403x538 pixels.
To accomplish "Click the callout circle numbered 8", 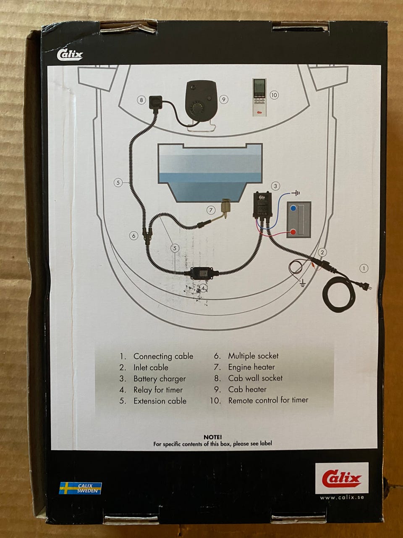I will (141, 100).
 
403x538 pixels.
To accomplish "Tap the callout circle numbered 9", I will (224, 100).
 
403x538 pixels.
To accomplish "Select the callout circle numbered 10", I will (274, 95).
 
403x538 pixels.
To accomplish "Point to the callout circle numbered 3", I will (275, 186).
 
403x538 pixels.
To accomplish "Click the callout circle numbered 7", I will (211, 209).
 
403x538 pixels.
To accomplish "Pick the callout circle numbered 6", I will (133, 236).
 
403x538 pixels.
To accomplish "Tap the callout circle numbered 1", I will (364, 268).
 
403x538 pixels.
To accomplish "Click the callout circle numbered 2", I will (322, 252).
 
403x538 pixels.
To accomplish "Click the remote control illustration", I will (259, 97).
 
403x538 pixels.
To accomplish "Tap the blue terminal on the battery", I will (293, 208).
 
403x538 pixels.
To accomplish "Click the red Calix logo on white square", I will (342, 478).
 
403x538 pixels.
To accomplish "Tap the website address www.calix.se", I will (342, 498).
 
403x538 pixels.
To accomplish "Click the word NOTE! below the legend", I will (212, 437).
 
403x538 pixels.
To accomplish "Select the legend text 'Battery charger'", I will (159, 379).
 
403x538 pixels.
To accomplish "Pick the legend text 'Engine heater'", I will (251, 367).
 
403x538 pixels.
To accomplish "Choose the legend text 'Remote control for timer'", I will (268, 401).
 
